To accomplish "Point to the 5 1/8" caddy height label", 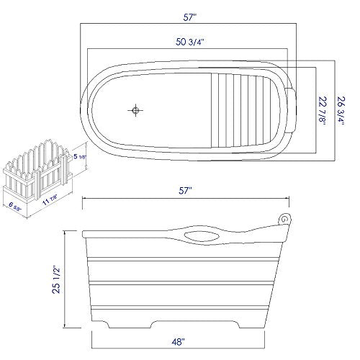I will pos(81,155).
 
